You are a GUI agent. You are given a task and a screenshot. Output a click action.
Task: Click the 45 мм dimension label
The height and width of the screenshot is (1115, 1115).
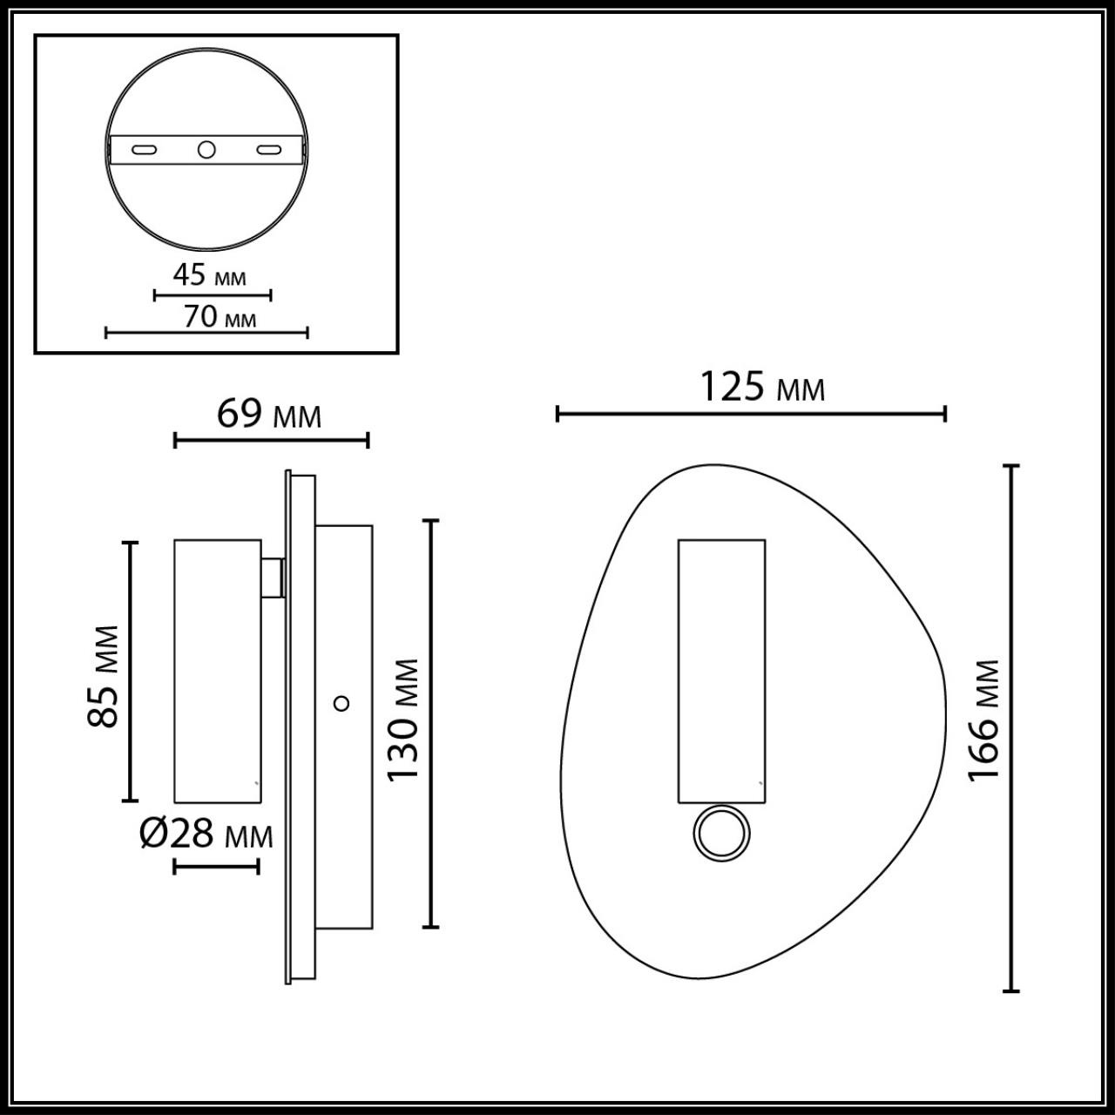209,276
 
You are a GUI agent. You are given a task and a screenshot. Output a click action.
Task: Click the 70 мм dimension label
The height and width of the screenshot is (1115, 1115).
220,316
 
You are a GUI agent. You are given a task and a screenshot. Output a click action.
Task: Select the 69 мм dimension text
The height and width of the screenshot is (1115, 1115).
268,414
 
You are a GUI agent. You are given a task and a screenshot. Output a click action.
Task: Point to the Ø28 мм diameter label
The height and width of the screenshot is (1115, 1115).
206,835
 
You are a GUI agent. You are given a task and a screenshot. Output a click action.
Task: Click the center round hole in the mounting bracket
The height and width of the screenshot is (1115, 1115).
206,150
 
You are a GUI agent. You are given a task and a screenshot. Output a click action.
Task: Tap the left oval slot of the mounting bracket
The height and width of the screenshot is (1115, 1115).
145,150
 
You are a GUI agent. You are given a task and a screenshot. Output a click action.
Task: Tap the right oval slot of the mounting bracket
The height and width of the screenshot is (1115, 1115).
269,150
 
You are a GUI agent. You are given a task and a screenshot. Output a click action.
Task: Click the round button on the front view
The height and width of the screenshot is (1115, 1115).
720,835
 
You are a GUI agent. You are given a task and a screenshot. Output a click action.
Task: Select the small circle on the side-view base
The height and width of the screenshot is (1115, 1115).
342,702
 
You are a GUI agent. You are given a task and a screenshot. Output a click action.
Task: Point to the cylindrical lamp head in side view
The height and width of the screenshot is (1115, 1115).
217,670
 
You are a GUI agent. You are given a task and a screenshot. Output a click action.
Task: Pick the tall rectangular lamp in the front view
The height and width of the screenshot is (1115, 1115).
721,670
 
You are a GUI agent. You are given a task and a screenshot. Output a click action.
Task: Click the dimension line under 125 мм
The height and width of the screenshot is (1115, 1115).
751,414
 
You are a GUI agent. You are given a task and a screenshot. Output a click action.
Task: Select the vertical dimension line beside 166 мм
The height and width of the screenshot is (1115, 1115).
1010,728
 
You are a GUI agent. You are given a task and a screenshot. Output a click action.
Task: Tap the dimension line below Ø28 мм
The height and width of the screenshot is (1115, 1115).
216,866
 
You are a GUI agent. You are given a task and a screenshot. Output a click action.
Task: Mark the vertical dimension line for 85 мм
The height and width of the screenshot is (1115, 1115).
130,671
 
